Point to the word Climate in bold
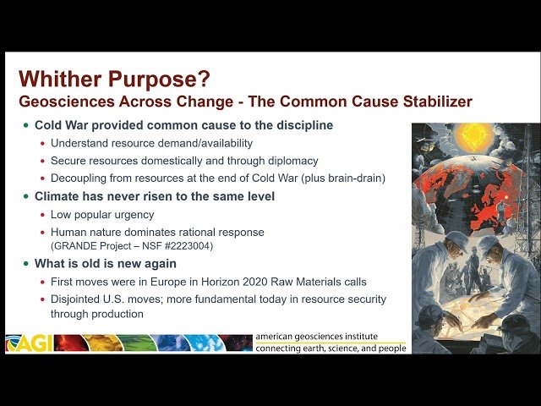pyautogui.click(x=60, y=196)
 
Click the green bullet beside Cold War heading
pyautogui.click(x=25, y=126)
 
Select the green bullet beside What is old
pyautogui.click(x=25, y=264)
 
